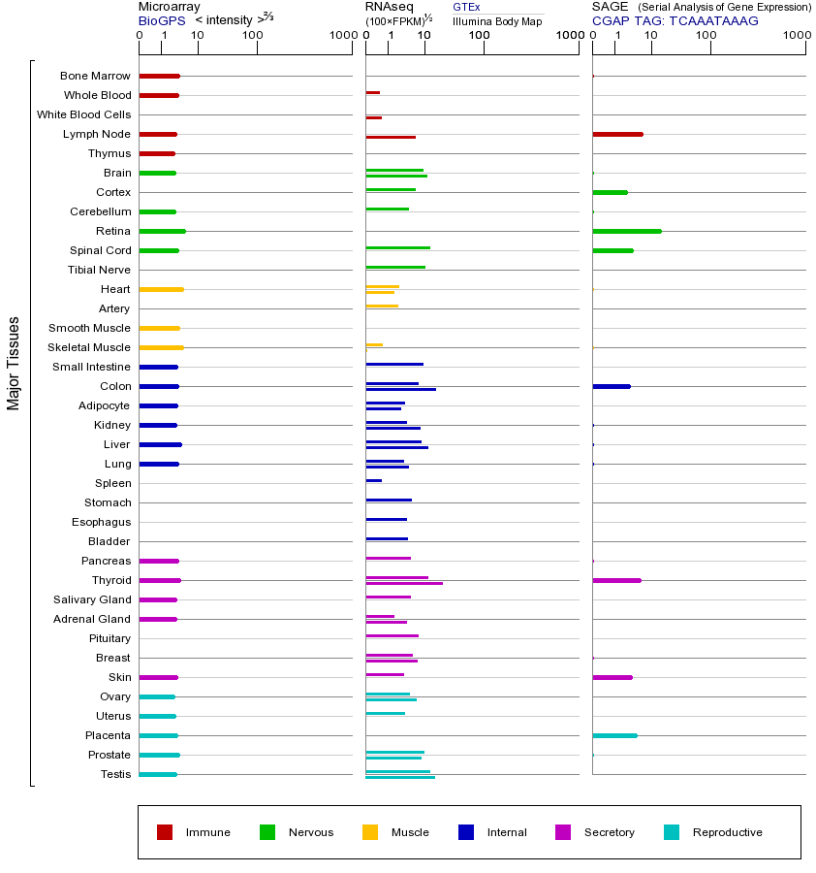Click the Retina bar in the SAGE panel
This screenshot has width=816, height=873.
click(626, 231)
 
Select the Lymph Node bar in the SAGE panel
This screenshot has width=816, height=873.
click(617, 134)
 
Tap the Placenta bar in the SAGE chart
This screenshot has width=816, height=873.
click(614, 735)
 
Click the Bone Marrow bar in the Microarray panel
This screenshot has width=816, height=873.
click(159, 76)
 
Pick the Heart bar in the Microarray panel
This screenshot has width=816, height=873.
click(161, 289)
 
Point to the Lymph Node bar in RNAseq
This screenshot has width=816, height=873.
click(391, 137)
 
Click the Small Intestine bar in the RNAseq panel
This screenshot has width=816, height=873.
click(394, 364)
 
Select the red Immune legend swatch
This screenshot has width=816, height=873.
click(165, 832)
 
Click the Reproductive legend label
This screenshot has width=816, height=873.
click(727, 832)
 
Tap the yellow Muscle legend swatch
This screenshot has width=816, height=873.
click(370, 832)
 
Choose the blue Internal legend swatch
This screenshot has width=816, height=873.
click(466, 832)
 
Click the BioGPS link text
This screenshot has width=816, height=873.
click(161, 20)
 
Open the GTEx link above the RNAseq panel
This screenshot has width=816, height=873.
click(466, 7)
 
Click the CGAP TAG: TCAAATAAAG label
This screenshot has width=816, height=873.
click(675, 20)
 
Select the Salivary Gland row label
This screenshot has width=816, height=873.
click(92, 599)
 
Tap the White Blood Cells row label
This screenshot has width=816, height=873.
click(83, 114)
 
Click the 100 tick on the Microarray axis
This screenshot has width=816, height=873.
click(253, 36)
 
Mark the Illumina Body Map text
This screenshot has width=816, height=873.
click(497, 20)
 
